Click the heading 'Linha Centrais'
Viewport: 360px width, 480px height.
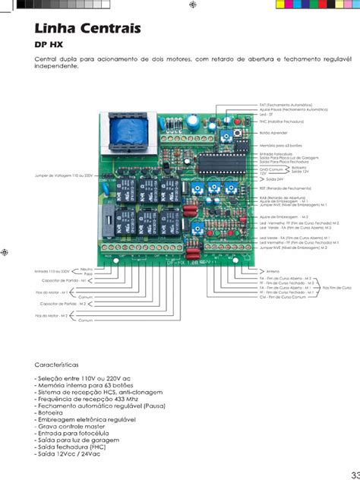click(x=88, y=29)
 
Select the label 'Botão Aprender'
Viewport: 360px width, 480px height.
click(x=273, y=132)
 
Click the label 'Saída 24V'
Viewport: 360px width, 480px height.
click(x=270, y=178)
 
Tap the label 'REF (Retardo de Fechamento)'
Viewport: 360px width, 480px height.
click(x=285, y=188)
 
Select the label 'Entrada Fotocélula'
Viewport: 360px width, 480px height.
click(x=276, y=153)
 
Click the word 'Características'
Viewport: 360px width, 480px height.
click(x=62, y=365)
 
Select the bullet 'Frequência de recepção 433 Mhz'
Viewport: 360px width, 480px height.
click(x=87, y=399)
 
